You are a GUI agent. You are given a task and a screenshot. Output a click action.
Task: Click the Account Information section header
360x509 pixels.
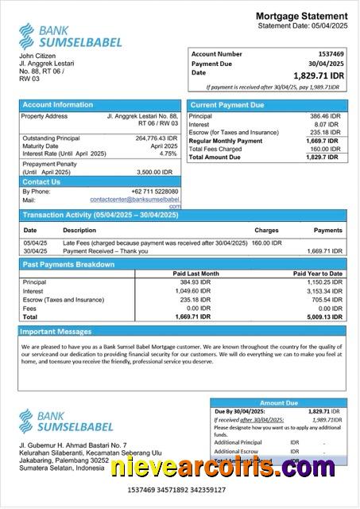(57, 105)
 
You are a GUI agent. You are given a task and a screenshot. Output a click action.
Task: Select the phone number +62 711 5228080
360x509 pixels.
(154, 192)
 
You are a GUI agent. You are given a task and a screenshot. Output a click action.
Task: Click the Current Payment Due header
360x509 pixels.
(227, 105)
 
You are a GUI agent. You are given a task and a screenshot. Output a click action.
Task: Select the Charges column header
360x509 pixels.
(266, 230)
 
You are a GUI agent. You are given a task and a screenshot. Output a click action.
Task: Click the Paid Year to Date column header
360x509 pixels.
(318, 274)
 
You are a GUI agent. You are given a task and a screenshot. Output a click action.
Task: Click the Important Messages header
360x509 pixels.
(56, 331)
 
